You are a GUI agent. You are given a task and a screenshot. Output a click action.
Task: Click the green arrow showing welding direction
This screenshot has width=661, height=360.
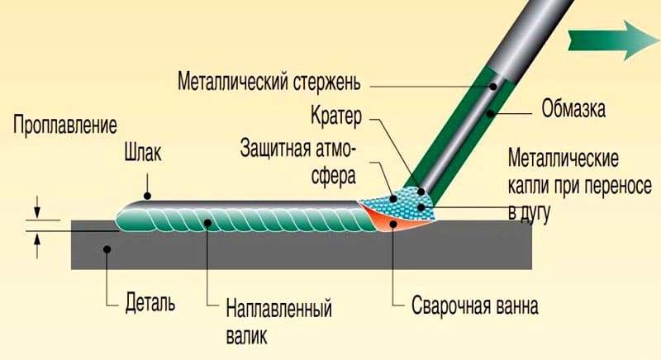coord(613,40)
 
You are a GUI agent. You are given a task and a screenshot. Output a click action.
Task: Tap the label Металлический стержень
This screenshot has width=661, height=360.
coord(269,81)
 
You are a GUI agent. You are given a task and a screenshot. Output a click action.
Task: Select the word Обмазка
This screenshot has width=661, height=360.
coord(573,108)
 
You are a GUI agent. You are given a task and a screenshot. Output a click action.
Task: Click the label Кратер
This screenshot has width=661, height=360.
coord(336,116)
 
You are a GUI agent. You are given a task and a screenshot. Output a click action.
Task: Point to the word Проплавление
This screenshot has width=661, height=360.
coord(65,125)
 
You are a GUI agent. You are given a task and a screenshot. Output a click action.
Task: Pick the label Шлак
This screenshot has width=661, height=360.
coord(142,153)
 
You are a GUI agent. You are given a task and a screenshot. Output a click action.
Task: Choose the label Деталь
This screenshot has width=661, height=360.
coord(150,302)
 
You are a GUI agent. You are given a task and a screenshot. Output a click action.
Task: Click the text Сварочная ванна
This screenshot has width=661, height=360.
coord(474,306)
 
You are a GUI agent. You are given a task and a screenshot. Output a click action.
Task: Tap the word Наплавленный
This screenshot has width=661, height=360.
coord(278,309)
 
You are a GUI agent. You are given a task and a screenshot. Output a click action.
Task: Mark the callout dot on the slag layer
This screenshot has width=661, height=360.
coord(147,196)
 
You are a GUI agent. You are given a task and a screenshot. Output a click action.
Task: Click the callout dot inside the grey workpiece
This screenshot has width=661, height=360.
coord(107,249)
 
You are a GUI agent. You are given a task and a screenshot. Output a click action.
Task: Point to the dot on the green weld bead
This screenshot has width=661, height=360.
coord(207,222)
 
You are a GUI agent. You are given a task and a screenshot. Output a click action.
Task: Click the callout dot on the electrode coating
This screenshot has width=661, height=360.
coord(490,113)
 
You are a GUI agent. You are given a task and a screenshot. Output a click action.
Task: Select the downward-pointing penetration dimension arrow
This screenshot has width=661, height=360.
coord(37,206)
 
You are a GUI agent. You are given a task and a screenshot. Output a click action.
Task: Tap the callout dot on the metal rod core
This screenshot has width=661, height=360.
coord(492,87)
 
